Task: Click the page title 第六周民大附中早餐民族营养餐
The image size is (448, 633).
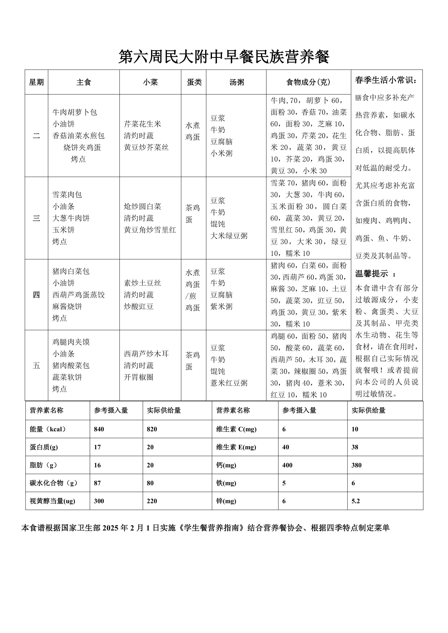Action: click(x=224, y=57)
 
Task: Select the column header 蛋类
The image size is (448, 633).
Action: click(x=194, y=82)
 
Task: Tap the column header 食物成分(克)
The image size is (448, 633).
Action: click(x=308, y=82)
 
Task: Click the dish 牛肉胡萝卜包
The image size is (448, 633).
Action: click(x=75, y=112)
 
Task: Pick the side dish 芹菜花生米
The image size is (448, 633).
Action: click(x=142, y=124)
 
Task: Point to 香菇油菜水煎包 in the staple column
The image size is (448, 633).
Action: click(x=79, y=136)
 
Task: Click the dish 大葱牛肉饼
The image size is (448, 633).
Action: click(x=71, y=218)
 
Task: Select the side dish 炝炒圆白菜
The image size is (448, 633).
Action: click(x=142, y=207)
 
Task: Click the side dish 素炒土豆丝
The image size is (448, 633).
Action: click(x=142, y=283)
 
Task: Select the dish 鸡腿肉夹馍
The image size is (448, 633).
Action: click(x=71, y=342)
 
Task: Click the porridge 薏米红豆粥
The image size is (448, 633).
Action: click(x=229, y=383)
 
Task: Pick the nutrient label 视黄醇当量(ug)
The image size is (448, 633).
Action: click(x=52, y=501)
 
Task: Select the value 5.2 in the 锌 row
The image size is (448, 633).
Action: click(x=356, y=501)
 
